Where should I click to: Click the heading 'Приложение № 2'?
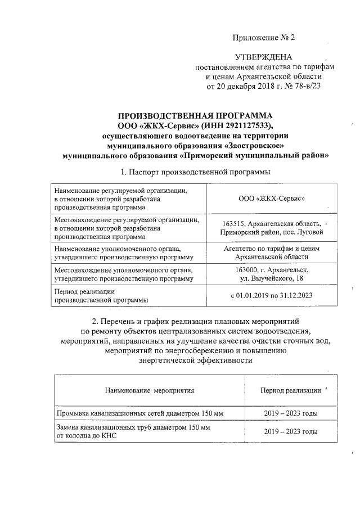pyautogui.click(x=264, y=38)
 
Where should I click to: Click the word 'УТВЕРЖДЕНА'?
pyautogui.click(x=264, y=57)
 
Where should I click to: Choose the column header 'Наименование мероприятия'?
pyautogui.click(x=149, y=389)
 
